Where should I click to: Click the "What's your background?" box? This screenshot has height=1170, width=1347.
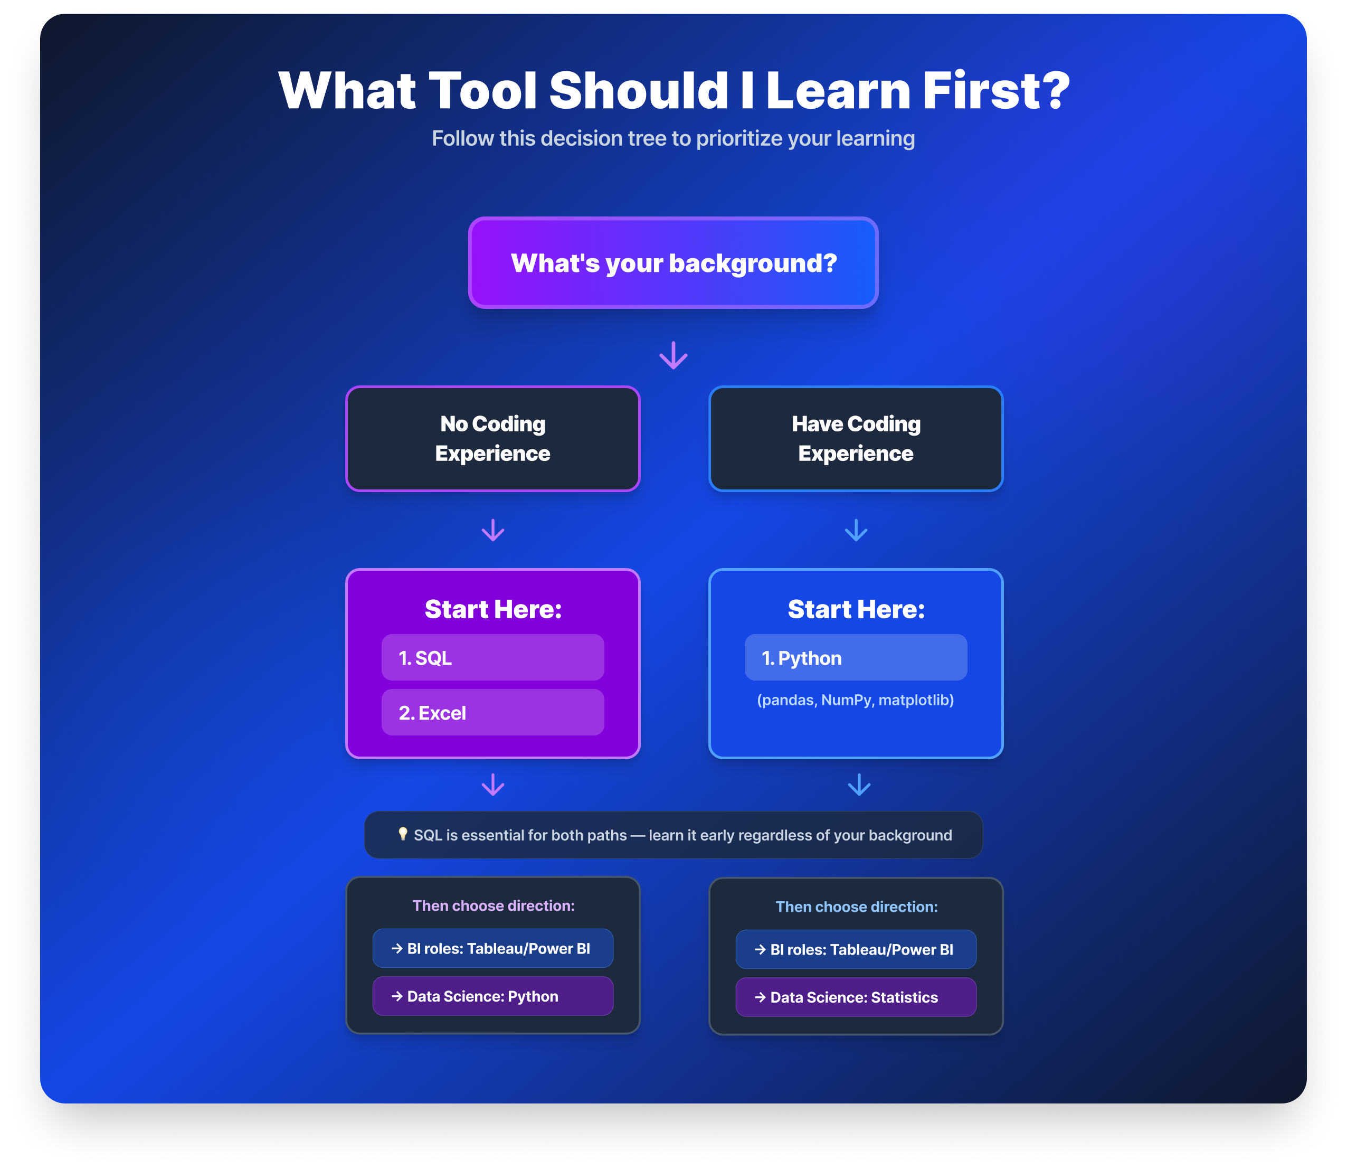point(673,262)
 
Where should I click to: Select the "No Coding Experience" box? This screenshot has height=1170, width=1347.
point(493,438)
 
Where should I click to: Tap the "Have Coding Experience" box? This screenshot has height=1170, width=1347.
point(856,438)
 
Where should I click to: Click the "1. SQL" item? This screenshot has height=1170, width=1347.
point(493,657)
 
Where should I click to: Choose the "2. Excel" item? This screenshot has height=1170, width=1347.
point(493,712)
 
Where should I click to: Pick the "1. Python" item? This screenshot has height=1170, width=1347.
point(856,657)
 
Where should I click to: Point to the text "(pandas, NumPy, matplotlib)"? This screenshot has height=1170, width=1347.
point(855,700)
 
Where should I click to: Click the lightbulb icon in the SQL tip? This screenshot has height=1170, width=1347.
point(403,834)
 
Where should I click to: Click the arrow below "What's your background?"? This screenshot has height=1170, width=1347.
point(673,355)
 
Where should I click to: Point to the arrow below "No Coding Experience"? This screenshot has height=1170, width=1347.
point(493,530)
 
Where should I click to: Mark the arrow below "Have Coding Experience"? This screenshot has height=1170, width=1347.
point(856,530)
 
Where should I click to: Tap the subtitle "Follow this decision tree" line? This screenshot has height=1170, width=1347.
point(673,138)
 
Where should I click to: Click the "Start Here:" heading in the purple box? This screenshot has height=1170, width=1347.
point(493,609)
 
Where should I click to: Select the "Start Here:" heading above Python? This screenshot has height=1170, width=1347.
point(856,609)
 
